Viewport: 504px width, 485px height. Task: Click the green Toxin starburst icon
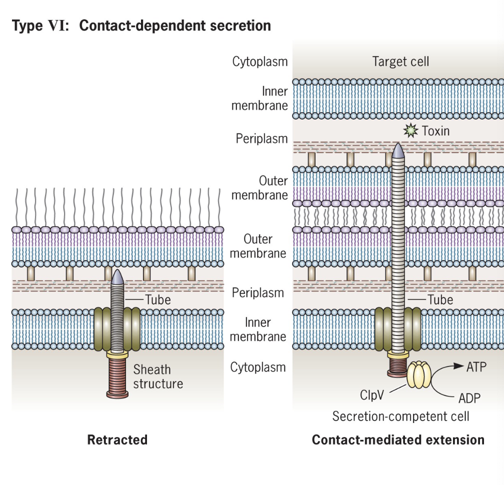(x=410, y=131)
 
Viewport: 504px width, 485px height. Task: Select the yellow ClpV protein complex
(x=419, y=375)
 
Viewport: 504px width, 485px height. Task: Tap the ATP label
(x=476, y=367)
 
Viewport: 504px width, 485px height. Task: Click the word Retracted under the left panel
(x=117, y=440)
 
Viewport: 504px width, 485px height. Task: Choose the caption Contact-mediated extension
(x=398, y=440)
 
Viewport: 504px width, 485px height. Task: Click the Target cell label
(x=400, y=61)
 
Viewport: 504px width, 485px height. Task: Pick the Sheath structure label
(x=158, y=377)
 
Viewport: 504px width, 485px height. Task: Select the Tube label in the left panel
(x=157, y=300)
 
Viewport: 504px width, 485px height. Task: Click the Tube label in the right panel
(x=440, y=300)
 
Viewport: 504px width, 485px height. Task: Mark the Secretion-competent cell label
(x=400, y=416)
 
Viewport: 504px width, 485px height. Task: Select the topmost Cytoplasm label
(x=259, y=61)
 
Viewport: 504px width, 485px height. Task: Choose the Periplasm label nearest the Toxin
(x=262, y=138)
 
